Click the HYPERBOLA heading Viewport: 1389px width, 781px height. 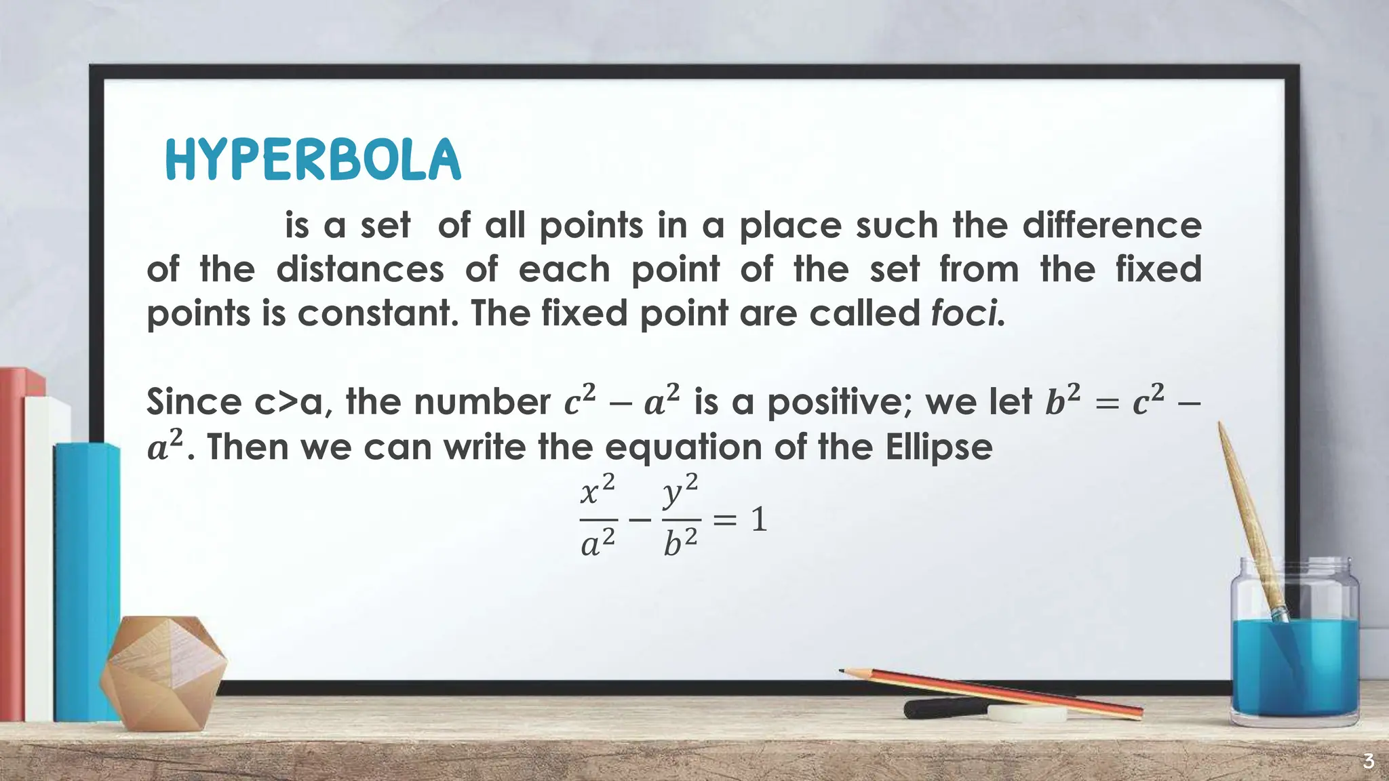coord(313,160)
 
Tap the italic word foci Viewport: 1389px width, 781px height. coord(967,313)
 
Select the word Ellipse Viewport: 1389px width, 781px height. coord(939,447)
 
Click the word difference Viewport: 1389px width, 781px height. coord(1112,225)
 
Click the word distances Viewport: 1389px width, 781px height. coord(359,269)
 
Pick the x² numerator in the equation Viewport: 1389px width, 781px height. coord(598,490)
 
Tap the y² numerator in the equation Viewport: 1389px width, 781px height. coord(680,490)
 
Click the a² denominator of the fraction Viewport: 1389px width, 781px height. coord(598,543)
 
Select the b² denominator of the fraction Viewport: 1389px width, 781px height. coord(680,543)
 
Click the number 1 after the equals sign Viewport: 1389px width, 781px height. coord(759,521)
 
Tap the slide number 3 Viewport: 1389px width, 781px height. coord(1368,761)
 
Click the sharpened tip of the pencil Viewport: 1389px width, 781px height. coord(843,671)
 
